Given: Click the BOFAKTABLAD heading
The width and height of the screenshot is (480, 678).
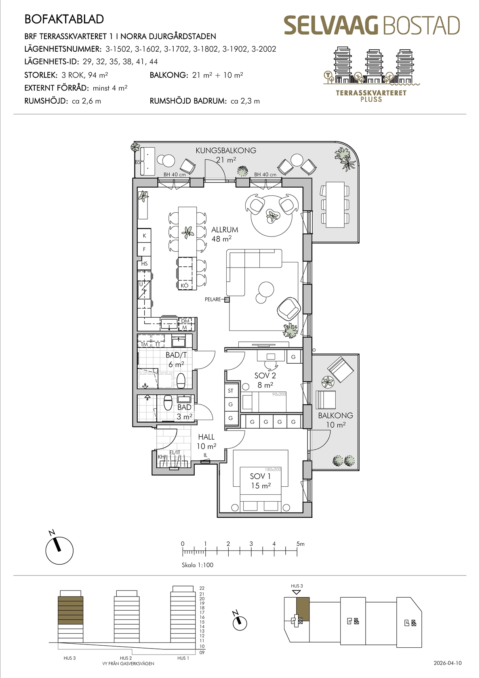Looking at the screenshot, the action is [64, 19].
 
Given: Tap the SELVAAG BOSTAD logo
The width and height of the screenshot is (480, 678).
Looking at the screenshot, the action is [372, 25].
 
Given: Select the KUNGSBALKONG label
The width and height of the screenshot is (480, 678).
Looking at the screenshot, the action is [226, 151].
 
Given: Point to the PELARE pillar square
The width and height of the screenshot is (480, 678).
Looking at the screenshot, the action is [227, 299].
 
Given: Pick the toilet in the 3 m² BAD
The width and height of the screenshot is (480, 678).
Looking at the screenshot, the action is [168, 402].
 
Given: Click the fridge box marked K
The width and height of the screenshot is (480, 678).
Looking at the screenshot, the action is [144, 236].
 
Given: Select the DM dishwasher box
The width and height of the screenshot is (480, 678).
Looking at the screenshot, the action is [185, 321].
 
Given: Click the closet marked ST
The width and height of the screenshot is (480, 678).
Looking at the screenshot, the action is [231, 391].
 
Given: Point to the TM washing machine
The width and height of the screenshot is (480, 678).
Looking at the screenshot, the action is [144, 341].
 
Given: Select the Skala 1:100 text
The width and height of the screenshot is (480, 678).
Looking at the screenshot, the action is [197, 565].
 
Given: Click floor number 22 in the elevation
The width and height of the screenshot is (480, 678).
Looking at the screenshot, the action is [202, 588].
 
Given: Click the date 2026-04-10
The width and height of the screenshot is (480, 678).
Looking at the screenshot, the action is [448, 663].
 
